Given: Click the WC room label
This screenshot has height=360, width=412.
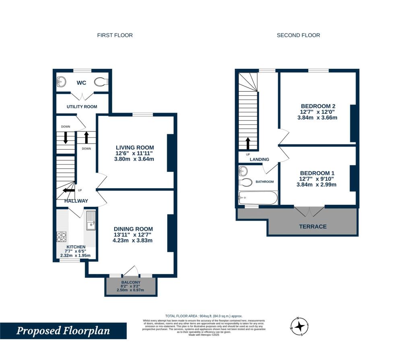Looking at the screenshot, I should click(x=82, y=83).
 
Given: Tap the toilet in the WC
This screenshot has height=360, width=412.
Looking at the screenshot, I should click(x=101, y=82).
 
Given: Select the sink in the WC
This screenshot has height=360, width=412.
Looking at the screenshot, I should click(x=62, y=82).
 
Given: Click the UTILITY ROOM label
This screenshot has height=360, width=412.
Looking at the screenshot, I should click(x=82, y=107).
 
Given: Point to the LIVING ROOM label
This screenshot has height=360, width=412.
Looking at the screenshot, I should click(x=134, y=148).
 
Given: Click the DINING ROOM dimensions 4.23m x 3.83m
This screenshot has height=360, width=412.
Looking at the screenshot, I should click(x=133, y=241).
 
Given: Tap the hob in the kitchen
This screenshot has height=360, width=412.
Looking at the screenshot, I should click(x=62, y=236).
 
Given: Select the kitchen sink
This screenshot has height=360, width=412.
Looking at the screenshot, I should click(x=90, y=221).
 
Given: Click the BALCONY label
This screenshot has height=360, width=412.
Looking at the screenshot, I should click(x=130, y=282).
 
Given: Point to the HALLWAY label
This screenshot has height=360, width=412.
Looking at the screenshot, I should click(x=76, y=201).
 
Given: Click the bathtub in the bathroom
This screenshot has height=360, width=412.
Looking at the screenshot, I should click(x=258, y=198).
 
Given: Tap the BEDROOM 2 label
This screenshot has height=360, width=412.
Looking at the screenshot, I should click(x=317, y=106).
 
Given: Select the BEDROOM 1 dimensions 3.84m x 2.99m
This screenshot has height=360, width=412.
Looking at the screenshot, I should click(x=317, y=185).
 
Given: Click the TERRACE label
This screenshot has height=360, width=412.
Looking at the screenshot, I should click(x=313, y=226).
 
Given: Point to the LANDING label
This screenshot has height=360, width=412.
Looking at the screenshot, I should click(x=259, y=159).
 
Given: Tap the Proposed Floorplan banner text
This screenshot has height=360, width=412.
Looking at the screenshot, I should click(x=63, y=331).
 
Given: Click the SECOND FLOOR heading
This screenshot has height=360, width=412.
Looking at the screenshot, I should click(x=298, y=35).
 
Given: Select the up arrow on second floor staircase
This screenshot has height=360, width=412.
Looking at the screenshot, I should click(x=248, y=143).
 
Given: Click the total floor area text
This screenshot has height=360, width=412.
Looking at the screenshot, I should click(x=204, y=316).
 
